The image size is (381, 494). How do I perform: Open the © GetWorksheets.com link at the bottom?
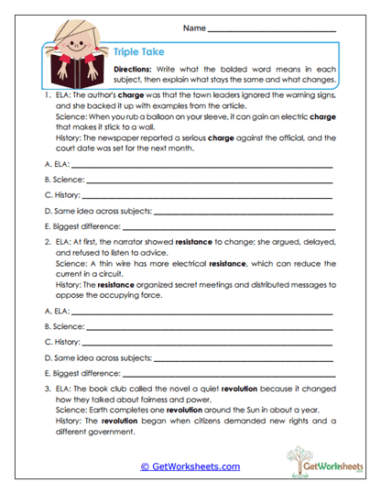pos(190,467)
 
